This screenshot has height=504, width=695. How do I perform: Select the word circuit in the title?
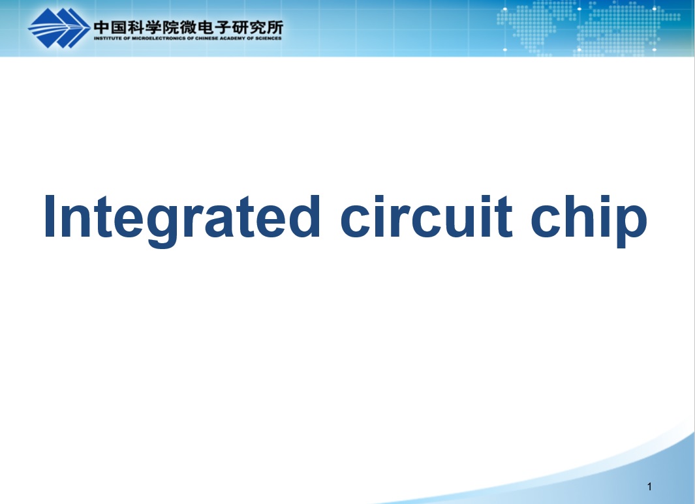point(426,216)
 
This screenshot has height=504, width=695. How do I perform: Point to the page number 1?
point(649,487)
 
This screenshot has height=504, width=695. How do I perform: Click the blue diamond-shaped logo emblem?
point(59,28)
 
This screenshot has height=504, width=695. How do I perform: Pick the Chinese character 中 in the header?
point(102,27)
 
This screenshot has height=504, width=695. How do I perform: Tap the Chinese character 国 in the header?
point(119,27)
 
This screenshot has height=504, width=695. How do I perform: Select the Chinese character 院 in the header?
point(170,27)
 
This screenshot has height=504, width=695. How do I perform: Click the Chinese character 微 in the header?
point(188,27)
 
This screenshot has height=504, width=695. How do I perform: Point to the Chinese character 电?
point(205,27)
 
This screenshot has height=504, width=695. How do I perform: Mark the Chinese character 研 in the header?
point(239,27)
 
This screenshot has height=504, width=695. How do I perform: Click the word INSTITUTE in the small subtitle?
point(108,38)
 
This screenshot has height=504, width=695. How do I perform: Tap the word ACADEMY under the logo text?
point(232,38)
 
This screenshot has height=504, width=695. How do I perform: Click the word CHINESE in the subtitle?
point(207,38)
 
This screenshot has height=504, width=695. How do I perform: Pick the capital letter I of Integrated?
point(49,216)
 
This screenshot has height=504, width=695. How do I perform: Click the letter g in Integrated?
point(162,226)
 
